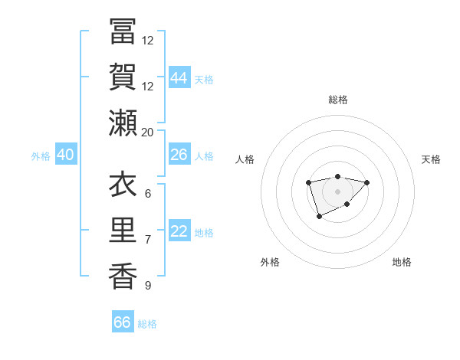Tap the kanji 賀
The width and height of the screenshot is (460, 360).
[122, 77]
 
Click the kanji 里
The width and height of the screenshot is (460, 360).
[122, 231]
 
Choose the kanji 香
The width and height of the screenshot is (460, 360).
[122, 276]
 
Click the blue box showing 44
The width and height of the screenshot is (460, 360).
[179, 77]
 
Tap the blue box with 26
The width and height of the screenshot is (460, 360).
[179, 155]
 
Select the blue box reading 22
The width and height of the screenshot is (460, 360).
[179, 231]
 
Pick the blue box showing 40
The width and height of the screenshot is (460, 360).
[66, 155]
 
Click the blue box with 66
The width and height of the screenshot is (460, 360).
[123, 322]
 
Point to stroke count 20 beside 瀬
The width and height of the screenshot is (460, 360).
[148, 132]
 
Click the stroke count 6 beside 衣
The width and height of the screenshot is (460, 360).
[148, 194]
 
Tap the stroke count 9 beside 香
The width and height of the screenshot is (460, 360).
[148, 286]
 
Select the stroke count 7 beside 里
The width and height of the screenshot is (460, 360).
[148, 240]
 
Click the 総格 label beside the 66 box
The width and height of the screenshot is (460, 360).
[147, 324]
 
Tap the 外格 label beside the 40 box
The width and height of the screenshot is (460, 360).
[41, 156]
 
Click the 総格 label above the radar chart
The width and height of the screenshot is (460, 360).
[337, 100]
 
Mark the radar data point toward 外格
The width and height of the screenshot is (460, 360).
[319, 218]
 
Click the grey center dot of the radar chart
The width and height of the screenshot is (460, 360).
[337, 191]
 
